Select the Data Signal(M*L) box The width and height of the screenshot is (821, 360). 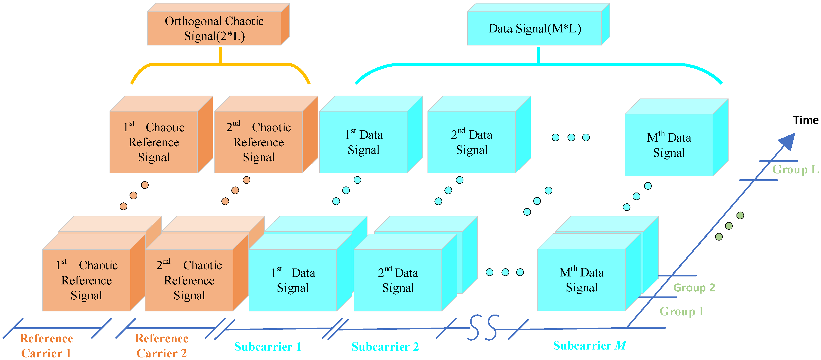[x=535, y=28]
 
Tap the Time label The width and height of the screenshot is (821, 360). [x=805, y=120]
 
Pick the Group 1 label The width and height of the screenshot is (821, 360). [x=681, y=311]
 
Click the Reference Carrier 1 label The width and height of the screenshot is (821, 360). [x=46, y=346]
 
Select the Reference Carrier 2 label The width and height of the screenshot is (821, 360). [x=162, y=346]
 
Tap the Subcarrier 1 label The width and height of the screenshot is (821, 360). [x=267, y=347]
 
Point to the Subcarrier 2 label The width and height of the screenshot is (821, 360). [x=385, y=347]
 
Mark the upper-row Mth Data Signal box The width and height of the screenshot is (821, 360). [x=669, y=145]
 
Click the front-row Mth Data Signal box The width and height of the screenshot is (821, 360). [x=581, y=280]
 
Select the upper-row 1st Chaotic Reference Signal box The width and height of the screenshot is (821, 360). [x=154, y=142]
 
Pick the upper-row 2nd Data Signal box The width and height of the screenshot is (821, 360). [x=471, y=142]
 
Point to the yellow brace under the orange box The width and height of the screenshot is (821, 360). [x=220, y=65]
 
